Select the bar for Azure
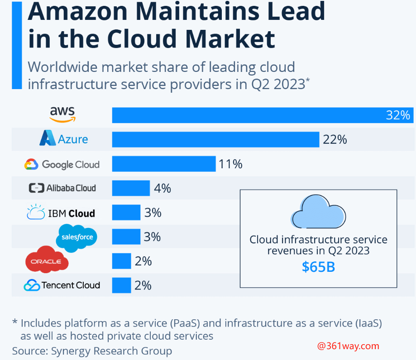click(x=215, y=139)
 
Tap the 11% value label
click(x=230, y=164)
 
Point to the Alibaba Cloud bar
click(x=131, y=188)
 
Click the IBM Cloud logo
click(x=61, y=213)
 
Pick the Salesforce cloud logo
click(x=77, y=237)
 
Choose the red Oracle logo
click(x=47, y=261)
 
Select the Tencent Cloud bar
click(x=121, y=285)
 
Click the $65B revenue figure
click(x=318, y=267)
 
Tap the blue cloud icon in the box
click(x=318, y=212)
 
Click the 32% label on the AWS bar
click(x=397, y=115)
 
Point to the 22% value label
click(x=335, y=139)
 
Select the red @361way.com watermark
click(x=348, y=346)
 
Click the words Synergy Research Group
click(x=111, y=351)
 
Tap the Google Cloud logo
click(x=62, y=164)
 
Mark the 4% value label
click(x=163, y=188)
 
